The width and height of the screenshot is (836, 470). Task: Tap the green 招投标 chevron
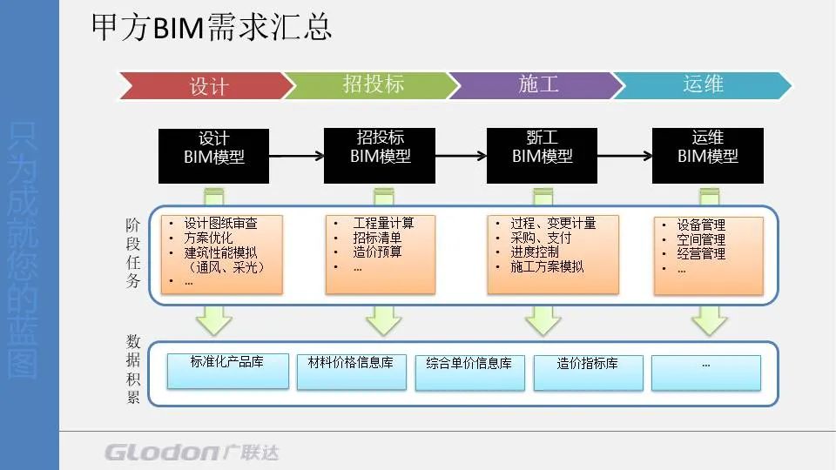pyautogui.click(x=373, y=84)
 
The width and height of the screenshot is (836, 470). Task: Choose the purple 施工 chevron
pyautogui.click(x=537, y=84)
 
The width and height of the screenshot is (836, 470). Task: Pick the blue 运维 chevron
pyautogui.click(x=703, y=84)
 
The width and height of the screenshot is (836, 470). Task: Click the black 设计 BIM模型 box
pyautogui.click(x=213, y=156)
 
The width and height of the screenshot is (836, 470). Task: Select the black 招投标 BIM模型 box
pyautogui.click(x=380, y=156)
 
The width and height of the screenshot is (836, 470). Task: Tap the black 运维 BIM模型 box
pyautogui.click(x=707, y=156)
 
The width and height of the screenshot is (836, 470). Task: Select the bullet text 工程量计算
pyautogui.click(x=383, y=223)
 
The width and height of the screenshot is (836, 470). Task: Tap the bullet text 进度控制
pyautogui.click(x=535, y=252)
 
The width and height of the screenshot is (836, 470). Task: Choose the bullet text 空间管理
pyautogui.click(x=701, y=239)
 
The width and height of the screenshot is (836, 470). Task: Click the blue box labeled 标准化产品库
pyautogui.click(x=226, y=369)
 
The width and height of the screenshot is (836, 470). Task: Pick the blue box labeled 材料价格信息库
pyautogui.click(x=350, y=371)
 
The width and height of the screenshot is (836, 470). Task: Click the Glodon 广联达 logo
pyautogui.click(x=192, y=452)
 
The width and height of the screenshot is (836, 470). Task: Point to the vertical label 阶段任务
pyautogui.click(x=131, y=253)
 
